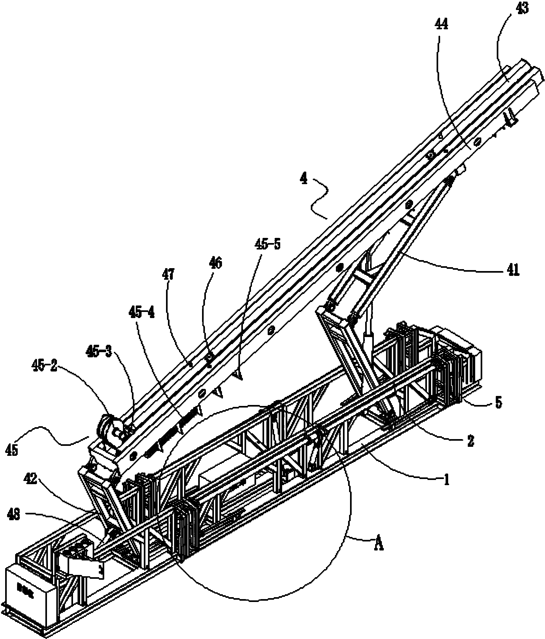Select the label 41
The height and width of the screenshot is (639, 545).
click(511, 271)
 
